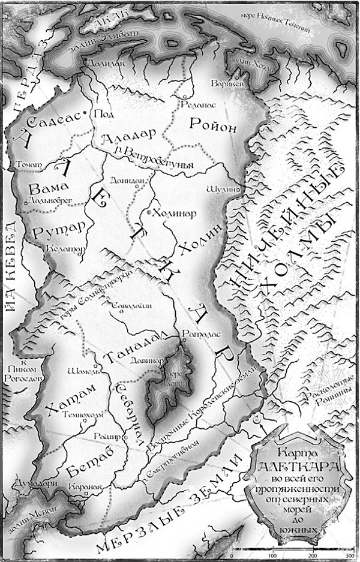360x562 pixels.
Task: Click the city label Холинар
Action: [175, 213]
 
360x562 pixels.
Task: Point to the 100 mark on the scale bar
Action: [274, 555]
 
